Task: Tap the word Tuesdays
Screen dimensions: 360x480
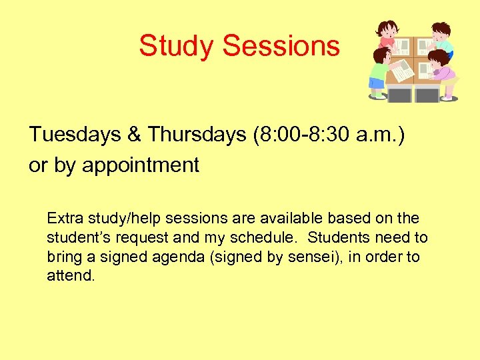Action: click(x=74, y=135)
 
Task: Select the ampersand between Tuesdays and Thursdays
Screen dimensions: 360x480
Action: click(x=133, y=135)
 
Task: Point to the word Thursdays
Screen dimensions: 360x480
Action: click(x=197, y=135)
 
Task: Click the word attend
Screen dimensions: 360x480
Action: click(x=71, y=275)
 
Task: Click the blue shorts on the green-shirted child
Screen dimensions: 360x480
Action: click(x=377, y=83)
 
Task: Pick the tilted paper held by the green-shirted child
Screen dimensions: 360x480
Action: click(x=403, y=70)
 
